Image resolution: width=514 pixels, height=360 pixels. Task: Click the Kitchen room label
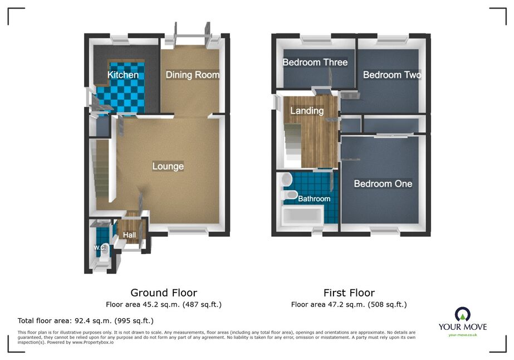(x=123, y=75)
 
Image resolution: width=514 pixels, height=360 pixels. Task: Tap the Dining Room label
(x=193, y=75)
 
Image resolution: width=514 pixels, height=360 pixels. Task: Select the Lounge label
(x=168, y=167)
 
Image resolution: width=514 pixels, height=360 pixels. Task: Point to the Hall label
(x=130, y=235)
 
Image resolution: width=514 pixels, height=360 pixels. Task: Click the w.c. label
(x=100, y=247)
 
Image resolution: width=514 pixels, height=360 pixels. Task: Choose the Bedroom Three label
(x=315, y=62)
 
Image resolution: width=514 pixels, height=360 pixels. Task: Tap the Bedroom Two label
(x=392, y=75)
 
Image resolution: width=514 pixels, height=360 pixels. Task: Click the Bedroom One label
(x=383, y=184)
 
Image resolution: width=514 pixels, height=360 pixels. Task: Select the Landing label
(x=307, y=111)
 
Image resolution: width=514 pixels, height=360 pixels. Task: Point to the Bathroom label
(x=314, y=198)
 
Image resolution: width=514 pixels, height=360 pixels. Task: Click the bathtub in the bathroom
(x=302, y=215)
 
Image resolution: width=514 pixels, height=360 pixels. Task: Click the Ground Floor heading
(x=164, y=293)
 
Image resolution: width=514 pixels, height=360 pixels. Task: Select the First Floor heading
(x=349, y=293)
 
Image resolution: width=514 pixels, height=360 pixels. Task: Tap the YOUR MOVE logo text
(x=463, y=327)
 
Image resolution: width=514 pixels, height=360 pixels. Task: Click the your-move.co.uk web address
(x=463, y=335)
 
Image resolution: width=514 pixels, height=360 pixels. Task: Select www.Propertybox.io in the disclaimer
(x=93, y=342)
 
